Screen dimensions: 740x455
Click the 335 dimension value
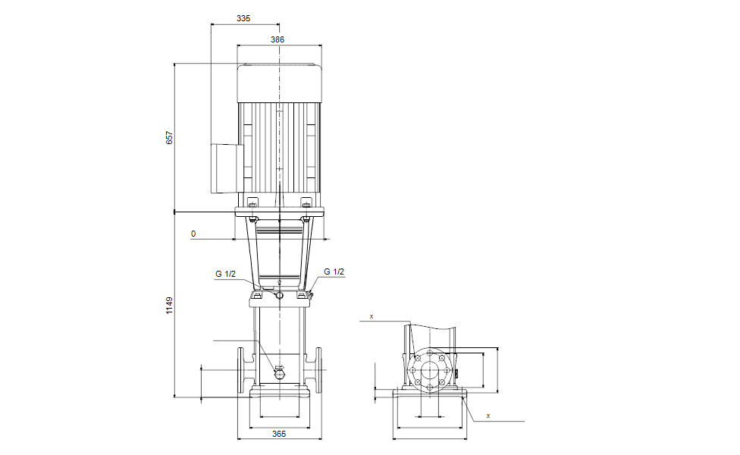(243, 18)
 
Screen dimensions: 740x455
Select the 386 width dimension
(277, 39)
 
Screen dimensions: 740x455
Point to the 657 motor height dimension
(169, 137)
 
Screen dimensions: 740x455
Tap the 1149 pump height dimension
(169, 306)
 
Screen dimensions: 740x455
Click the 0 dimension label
(193, 234)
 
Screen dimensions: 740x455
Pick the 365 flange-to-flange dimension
(279, 434)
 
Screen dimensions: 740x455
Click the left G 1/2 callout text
(226, 274)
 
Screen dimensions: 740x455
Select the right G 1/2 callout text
(334, 272)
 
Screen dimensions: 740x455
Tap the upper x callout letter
(372, 316)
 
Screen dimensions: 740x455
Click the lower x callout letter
(488, 416)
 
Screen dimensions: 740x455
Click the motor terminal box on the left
(226, 168)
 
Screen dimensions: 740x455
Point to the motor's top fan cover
(279, 83)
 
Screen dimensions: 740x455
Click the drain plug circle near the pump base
(279, 374)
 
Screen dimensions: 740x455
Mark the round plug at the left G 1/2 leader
(279, 295)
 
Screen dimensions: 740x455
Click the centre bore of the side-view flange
(429, 370)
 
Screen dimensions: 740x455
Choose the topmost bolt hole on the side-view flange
(429, 353)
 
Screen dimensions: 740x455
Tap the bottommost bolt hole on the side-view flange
(429, 388)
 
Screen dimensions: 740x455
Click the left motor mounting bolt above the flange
(253, 205)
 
